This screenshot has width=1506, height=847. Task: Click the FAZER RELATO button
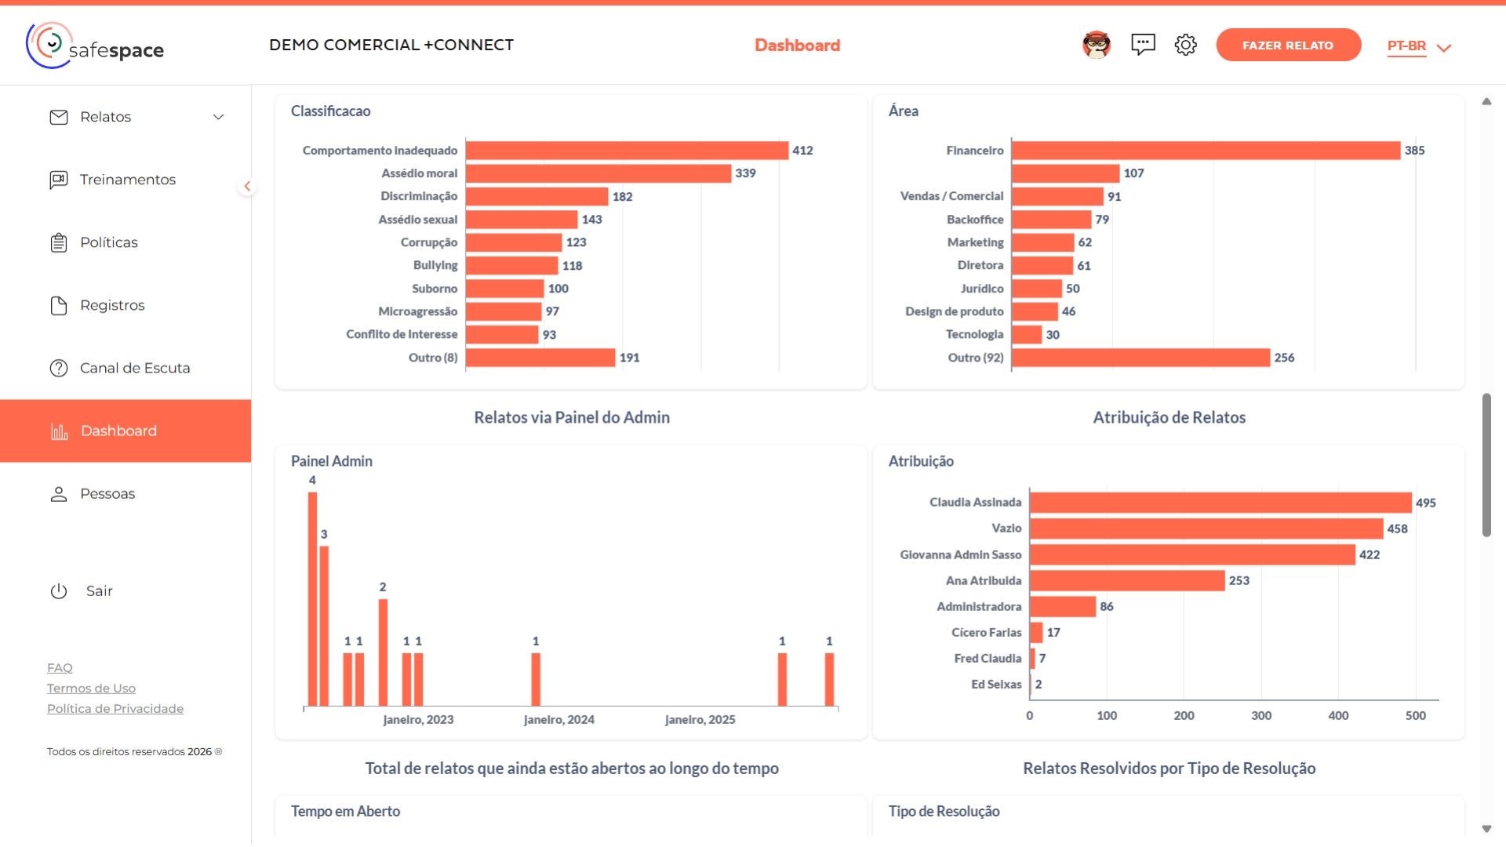pos(1287,45)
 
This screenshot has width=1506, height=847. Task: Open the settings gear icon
pos(1185,45)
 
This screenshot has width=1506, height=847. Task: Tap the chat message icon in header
pos(1143,45)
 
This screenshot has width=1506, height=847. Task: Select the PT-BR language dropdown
pos(1418,46)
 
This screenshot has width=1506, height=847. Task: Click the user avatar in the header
pos(1096,45)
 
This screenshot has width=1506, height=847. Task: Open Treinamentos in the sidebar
pos(127,180)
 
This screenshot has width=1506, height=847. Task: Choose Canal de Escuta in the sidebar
pos(134,368)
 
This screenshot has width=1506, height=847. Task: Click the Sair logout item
pos(99,591)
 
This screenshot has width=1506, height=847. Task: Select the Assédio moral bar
pos(598,173)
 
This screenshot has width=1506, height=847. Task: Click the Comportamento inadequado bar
pos(626,151)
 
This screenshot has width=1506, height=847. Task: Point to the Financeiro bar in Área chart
pos(1205,151)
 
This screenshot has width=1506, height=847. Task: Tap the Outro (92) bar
pos(1140,358)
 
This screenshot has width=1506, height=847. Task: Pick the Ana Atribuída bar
pos(1126,580)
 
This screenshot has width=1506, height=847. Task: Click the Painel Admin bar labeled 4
pos(312,598)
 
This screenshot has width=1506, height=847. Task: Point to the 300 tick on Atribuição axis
pos(1261,715)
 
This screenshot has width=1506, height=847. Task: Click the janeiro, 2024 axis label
pos(558,719)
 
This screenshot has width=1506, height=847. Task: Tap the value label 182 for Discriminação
pos(622,197)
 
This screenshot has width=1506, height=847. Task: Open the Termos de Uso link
pos(91,688)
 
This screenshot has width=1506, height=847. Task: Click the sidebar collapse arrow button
pos(247,186)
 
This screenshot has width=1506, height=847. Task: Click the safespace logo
pos(95,45)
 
